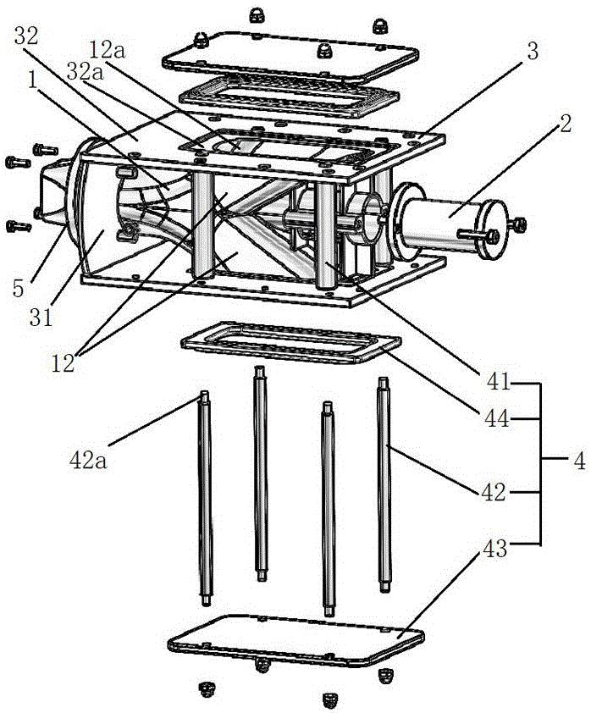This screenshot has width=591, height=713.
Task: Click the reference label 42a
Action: tap(88, 460)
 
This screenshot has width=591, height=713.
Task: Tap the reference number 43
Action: tap(494, 549)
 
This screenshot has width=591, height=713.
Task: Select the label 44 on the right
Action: tap(497, 418)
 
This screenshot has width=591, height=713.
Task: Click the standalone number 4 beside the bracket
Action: tap(579, 462)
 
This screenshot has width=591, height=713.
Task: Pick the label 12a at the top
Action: tap(107, 50)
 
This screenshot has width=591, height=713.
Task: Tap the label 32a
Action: tap(85, 72)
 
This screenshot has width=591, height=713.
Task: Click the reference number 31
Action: tap(41, 318)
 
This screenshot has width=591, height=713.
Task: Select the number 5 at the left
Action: tap(18, 288)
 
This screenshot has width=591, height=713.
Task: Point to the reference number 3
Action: tap(533, 52)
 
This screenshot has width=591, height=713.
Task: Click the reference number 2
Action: tap(565, 124)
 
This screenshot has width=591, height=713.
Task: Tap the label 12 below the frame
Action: tap(63, 363)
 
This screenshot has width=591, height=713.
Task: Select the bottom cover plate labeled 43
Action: tap(295, 641)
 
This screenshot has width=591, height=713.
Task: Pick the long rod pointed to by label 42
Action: tap(384, 484)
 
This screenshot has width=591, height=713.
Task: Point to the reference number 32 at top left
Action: tap(26, 36)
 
